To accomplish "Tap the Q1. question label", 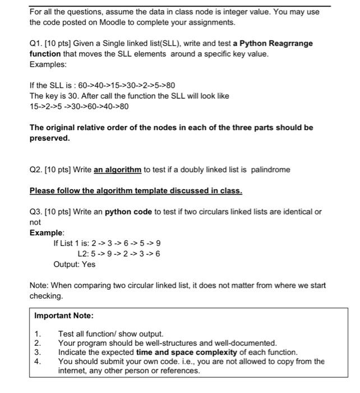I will (36, 43).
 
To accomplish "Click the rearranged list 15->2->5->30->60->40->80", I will (79, 106).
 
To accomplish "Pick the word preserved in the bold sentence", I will (49, 138).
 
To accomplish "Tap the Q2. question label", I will (36, 169).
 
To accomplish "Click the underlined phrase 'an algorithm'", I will (118, 169).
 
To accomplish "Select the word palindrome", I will (271, 169).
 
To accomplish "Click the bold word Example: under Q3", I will (47, 232).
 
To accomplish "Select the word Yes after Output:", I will (89, 264).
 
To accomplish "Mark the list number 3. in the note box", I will (38, 352).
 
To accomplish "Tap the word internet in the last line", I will (73, 371).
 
